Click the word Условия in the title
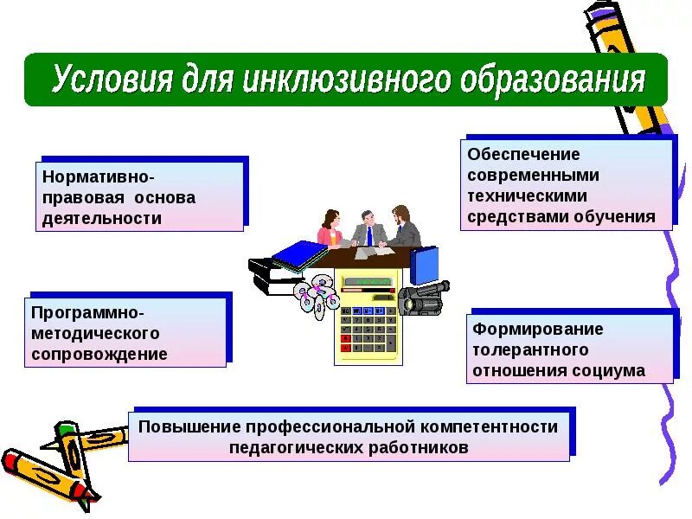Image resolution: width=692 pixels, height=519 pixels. coord(112,80)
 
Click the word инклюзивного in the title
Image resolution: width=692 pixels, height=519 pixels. coord(346,80)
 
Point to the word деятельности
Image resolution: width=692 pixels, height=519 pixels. coord(103,218)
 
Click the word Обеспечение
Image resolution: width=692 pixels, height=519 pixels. coord(523,154)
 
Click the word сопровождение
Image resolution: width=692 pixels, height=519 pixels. coord(99,354)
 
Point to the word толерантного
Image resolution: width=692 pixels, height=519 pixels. coord(530,350)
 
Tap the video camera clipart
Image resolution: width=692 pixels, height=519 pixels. coord(423,297)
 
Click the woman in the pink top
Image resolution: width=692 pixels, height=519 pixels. coord(330,229)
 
